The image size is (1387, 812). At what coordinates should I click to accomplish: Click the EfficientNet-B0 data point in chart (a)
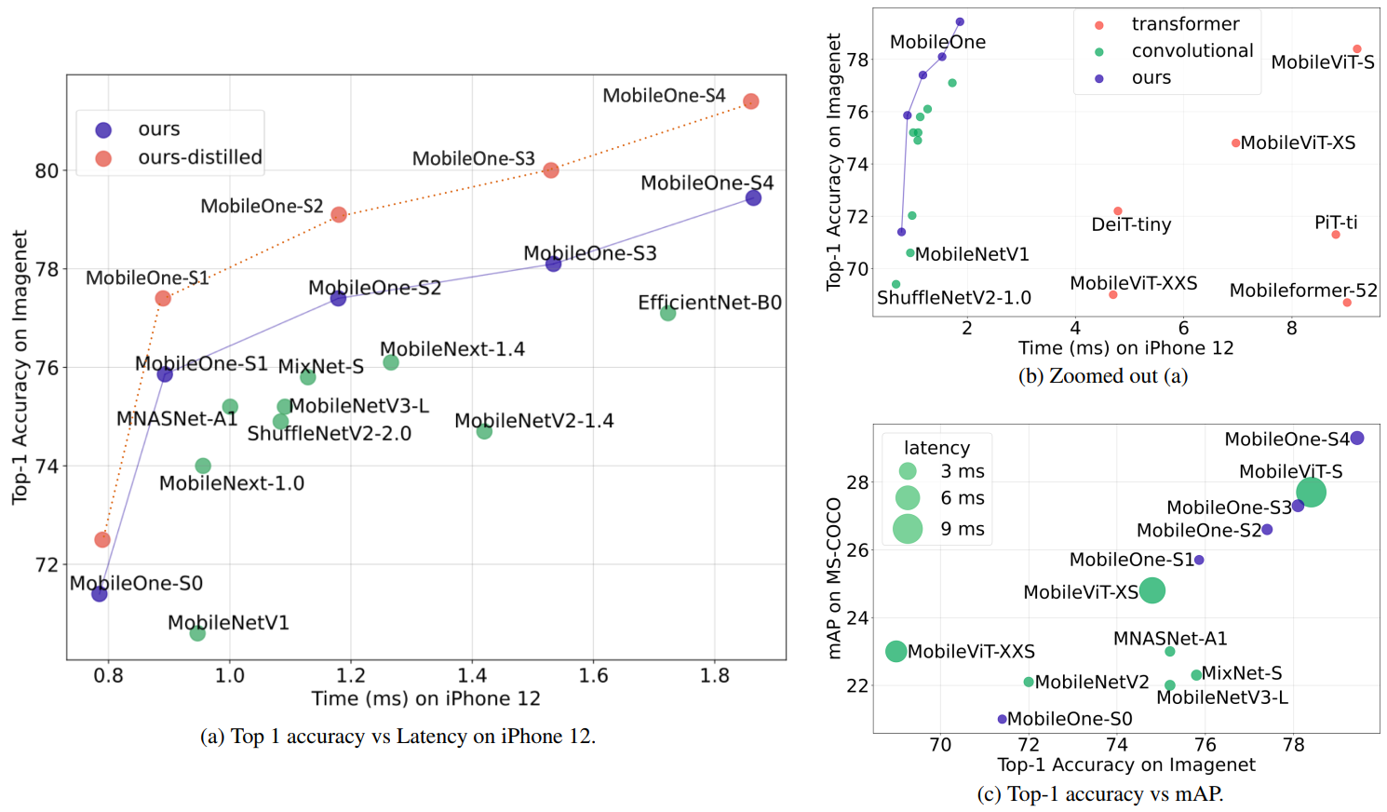667,314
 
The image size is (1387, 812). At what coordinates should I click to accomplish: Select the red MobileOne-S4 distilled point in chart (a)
750,101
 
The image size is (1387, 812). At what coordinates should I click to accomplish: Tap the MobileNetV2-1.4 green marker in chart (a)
484,431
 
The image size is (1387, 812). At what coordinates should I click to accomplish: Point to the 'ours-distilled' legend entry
199,157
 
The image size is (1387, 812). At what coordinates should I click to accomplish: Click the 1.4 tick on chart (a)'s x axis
472,676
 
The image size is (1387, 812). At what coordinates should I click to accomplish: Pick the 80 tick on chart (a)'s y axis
47,170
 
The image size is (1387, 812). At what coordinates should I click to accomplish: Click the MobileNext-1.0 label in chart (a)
232,483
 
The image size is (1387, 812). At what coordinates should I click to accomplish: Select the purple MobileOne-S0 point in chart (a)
100,593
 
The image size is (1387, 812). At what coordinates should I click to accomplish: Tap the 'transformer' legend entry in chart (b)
1184,24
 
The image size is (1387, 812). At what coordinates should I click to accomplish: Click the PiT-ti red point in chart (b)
1336,235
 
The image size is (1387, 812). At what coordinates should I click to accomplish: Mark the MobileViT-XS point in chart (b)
1235,143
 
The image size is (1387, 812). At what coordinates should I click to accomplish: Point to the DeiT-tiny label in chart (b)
1131,224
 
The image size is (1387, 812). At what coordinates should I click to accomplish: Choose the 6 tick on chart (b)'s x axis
1183,328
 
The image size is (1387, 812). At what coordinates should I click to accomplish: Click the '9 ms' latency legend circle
908,529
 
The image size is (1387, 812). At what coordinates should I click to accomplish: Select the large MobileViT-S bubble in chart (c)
1311,492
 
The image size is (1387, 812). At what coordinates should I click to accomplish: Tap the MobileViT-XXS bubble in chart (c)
895,652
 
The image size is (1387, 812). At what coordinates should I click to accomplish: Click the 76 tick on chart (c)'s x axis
1205,744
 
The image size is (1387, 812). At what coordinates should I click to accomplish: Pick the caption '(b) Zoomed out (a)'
1103,376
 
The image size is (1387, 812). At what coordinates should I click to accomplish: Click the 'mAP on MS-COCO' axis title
834,577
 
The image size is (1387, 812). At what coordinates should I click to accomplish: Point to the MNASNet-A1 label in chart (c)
1170,639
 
